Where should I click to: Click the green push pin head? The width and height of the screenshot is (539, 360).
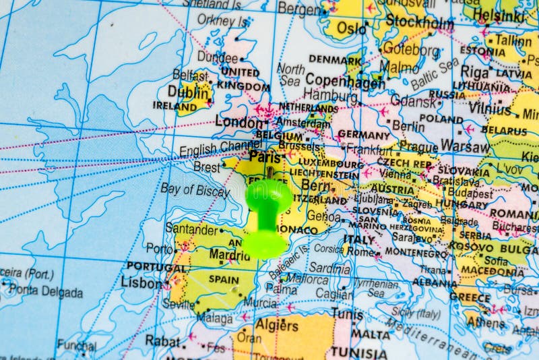point(269,196)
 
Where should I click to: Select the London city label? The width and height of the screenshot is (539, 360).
point(237,123)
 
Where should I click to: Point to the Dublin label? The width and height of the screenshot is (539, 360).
point(187,92)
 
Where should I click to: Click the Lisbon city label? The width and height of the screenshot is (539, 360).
point(141,282)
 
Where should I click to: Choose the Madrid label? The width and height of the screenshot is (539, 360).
point(229,256)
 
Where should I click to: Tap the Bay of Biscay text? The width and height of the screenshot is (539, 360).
point(195,190)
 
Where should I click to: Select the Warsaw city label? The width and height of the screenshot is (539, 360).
point(464,146)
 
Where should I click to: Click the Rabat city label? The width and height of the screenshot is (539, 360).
point(162,340)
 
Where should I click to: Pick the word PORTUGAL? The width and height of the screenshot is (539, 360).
point(156,267)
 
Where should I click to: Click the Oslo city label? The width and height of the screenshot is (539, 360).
point(350,28)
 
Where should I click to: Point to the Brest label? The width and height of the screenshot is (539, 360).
point(207,167)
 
